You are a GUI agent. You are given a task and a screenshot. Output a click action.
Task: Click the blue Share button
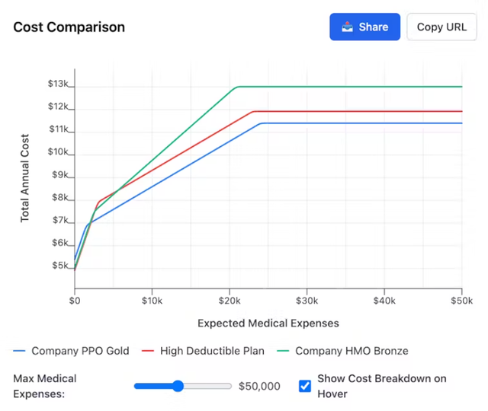[364, 27]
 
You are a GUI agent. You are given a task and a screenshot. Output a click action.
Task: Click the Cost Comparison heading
[69, 27]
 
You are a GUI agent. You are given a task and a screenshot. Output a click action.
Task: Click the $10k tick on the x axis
[152, 301]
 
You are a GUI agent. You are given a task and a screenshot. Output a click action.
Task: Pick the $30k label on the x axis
[307, 301]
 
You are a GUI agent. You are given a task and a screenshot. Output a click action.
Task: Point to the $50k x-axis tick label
[461, 301]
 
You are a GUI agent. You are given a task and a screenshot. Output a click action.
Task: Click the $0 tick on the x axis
[75, 301]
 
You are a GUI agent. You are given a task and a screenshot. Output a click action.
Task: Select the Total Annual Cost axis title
[24, 177]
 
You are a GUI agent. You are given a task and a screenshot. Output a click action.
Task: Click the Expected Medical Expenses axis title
[268, 323]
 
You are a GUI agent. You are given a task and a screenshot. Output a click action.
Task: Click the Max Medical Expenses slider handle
[178, 386]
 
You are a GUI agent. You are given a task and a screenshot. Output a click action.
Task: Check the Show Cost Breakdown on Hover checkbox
[305, 386]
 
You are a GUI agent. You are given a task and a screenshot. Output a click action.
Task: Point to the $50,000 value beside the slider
[259, 386]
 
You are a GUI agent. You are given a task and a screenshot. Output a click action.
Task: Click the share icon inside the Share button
[348, 27]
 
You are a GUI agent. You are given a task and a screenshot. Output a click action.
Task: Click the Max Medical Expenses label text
[45, 386]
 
